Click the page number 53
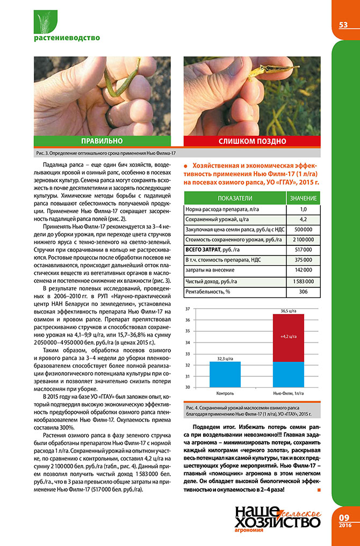pos(343,25)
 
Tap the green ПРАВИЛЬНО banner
pos(102,141)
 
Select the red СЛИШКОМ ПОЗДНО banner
pos(251,141)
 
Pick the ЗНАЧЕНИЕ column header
pos(303,198)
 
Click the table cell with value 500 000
pos(303,229)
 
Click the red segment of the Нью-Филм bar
pos(288,337)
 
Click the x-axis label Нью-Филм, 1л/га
pos(288,394)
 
